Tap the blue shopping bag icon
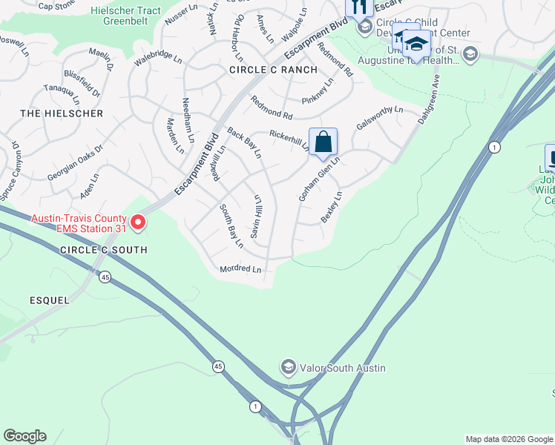coord(324,141)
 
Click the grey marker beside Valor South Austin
coord(288,367)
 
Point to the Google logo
coord(25,436)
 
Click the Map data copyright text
coord(508,439)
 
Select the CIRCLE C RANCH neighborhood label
coord(273,70)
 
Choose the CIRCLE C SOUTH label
coord(104,250)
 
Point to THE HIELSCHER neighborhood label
coord(62,113)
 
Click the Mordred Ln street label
coord(240,268)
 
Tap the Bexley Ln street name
coord(331,206)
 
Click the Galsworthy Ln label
coord(379,118)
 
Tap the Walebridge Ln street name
coord(157,58)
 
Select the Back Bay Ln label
coord(244,142)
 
